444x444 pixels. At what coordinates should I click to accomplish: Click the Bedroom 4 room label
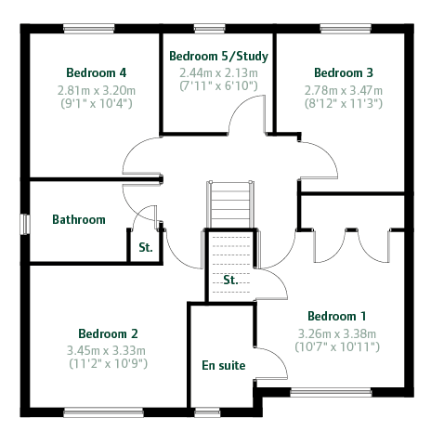97,72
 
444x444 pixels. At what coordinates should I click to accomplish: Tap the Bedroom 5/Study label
218,56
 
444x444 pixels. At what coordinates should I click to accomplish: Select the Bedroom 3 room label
344,72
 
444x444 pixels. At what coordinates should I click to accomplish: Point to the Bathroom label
79,219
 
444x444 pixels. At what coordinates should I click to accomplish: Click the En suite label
224,365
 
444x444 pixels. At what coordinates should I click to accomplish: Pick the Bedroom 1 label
337,316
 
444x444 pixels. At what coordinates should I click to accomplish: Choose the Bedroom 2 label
108,333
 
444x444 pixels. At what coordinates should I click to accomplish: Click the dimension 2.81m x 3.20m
97,91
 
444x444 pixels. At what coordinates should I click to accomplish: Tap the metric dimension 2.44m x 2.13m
218,73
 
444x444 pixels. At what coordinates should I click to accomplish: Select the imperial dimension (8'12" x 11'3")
344,103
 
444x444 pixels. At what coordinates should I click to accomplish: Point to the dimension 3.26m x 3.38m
337,333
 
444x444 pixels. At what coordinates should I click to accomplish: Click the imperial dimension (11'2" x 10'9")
108,363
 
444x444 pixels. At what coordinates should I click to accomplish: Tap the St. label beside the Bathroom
146,247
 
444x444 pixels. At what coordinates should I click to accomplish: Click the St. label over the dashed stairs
230,280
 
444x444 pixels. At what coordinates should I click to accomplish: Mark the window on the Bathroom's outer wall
25,224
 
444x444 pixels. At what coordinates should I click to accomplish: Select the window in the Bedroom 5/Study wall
210,29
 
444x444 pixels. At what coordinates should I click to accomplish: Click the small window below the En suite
207,412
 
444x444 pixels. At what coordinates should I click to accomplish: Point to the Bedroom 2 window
103,412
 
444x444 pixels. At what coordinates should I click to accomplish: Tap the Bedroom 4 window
89,29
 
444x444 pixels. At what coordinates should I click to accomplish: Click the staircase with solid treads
230,204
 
